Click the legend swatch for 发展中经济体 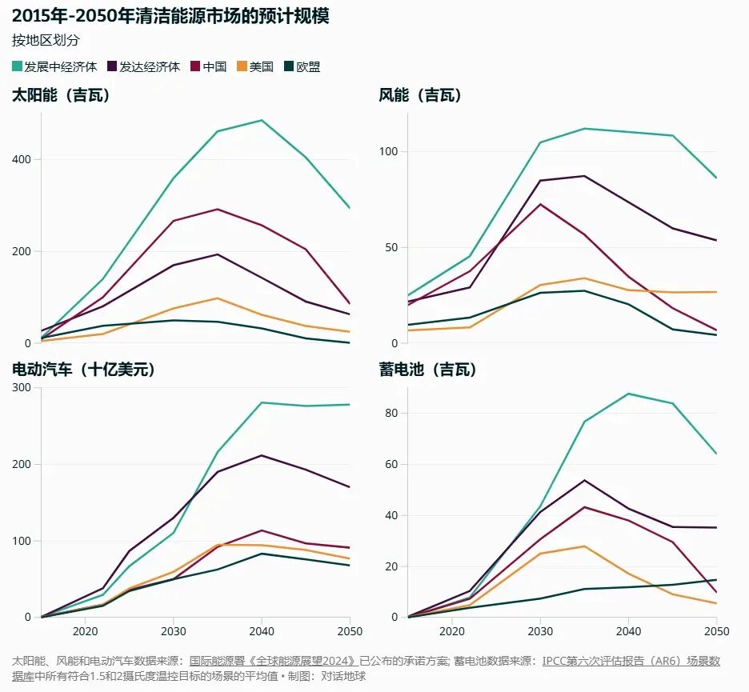click(x=17, y=66)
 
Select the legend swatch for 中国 click(x=195, y=66)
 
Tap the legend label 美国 click(x=262, y=67)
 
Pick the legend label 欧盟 click(x=308, y=67)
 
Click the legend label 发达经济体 click(x=150, y=67)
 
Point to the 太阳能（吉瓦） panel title click(x=61, y=95)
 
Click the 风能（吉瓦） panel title click(x=420, y=95)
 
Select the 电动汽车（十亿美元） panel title click(x=84, y=369)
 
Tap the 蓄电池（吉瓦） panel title click(x=428, y=369)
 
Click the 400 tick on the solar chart click(x=21, y=159)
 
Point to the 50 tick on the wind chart click(x=391, y=247)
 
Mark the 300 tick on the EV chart click(x=21, y=387)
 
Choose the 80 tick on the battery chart click(x=391, y=413)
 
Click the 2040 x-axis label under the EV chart click(x=262, y=631)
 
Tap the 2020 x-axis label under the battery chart click(x=452, y=631)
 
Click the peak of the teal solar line click(x=262, y=120)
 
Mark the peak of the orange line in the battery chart click(x=584, y=546)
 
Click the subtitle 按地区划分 click(x=46, y=40)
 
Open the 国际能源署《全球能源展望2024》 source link click(x=273, y=661)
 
